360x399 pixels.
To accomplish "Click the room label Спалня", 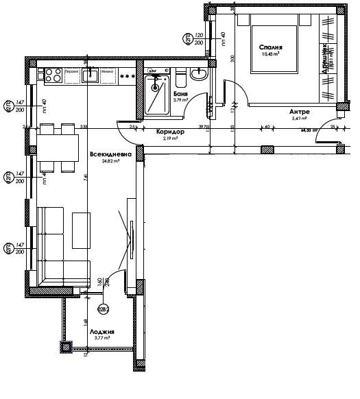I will tap(271, 47).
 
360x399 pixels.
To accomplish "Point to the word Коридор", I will tap(169, 131).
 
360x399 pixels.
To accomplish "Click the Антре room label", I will tap(300, 111).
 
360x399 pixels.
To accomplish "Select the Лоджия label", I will tap(101, 331).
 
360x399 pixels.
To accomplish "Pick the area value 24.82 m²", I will tap(106, 162).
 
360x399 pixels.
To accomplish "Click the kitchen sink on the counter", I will tap(90, 75).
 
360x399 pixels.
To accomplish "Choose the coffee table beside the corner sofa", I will tap(82, 230).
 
